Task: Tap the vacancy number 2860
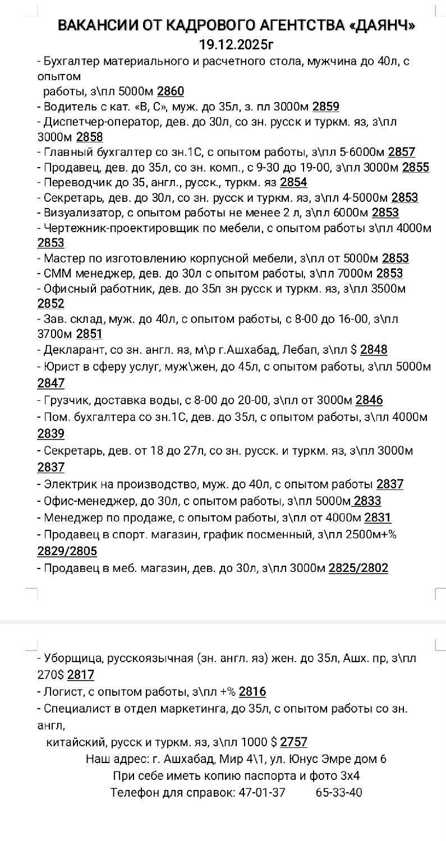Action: click(x=171, y=91)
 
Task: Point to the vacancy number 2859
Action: click(x=326, y=107)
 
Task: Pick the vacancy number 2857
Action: click(x=402, y=152)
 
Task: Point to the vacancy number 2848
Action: click(x=374, y=350)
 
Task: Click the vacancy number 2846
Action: click(x=369, y=400)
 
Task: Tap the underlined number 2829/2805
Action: click(x=67, y=552)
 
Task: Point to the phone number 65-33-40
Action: click(x=339, y=793)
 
